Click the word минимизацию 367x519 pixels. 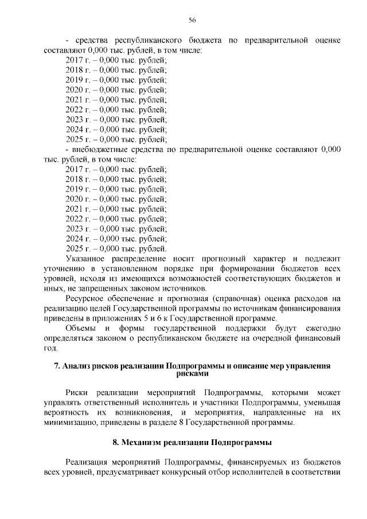coord(70,422)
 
